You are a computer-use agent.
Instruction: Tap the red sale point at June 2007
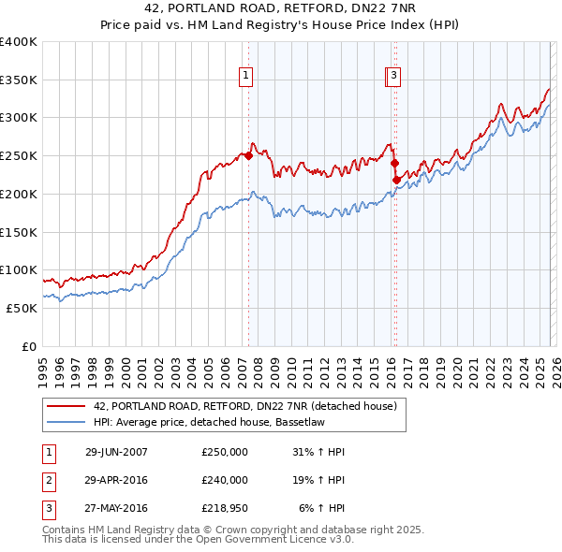point(248,156)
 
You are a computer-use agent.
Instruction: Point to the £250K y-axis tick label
point(19,156)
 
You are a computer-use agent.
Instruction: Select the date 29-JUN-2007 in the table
point(116,452)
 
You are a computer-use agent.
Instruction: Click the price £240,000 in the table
point(225,480)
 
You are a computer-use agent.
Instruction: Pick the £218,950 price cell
point(225,508)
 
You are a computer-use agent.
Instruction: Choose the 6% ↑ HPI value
point(322,508)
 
